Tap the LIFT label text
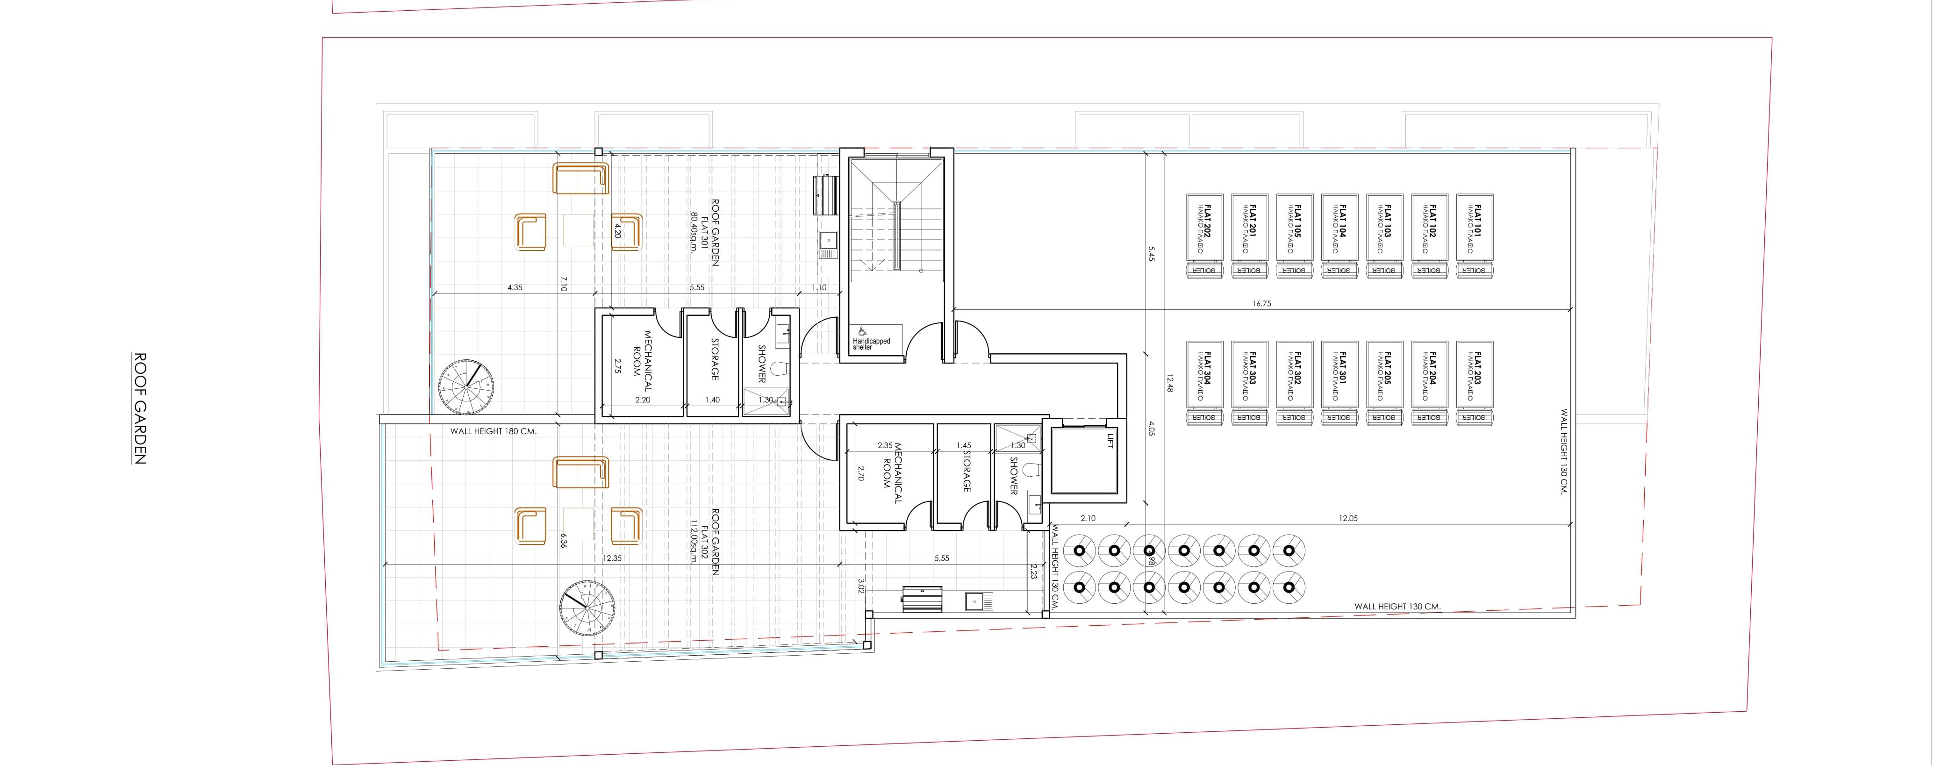(x=1110, y=441)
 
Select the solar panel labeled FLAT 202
(x=1204, y=228)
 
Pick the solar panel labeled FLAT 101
(x=1475, y=228)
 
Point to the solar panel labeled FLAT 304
(x=1204, y=375)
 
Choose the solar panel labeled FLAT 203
(x=1475, y=375)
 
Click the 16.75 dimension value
(x=1261, y=304)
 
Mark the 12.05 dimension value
(x=1347, y=518)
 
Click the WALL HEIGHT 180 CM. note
(x=493, y=432)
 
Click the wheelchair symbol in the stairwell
(x=862, y=331)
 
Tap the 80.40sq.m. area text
(x=694, y=233)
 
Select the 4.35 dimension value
(x=515, y=287)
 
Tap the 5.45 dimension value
(x=1151, y=255)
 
